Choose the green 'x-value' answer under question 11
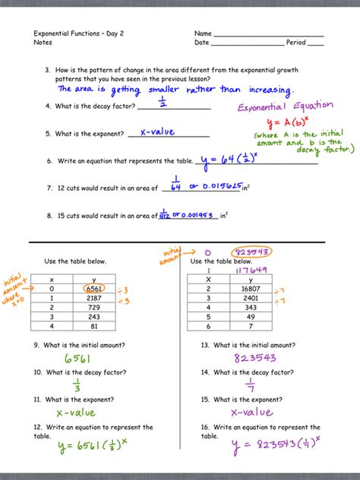[75, 412]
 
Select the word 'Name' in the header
[203, 34]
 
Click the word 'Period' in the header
[295, 43]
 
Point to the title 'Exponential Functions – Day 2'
[78, 34]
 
